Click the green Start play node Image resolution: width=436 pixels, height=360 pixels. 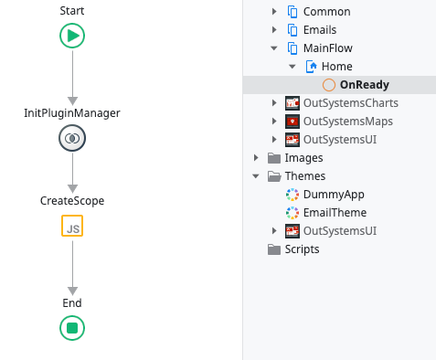point(72,36)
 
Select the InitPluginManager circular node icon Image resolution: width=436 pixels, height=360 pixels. point(72,138)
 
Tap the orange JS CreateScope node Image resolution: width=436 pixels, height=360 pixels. point(72,226)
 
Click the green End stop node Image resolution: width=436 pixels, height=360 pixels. point(72,327)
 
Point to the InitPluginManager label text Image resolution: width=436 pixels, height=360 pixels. point(72,112)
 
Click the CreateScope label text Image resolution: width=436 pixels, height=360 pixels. point(72,200)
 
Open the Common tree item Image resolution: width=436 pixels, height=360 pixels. point(327,12)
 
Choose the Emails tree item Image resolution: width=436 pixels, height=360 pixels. point(324,30)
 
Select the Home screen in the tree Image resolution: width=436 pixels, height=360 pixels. point(336,67)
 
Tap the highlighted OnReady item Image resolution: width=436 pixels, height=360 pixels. point(364,85)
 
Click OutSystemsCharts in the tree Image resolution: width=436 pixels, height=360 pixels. point(350,103)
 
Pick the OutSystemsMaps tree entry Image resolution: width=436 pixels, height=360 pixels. point(346,122)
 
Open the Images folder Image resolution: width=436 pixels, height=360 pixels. point(303,158)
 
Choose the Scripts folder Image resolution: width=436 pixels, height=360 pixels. point(301,249)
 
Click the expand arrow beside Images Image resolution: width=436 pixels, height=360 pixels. point(256,158)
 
